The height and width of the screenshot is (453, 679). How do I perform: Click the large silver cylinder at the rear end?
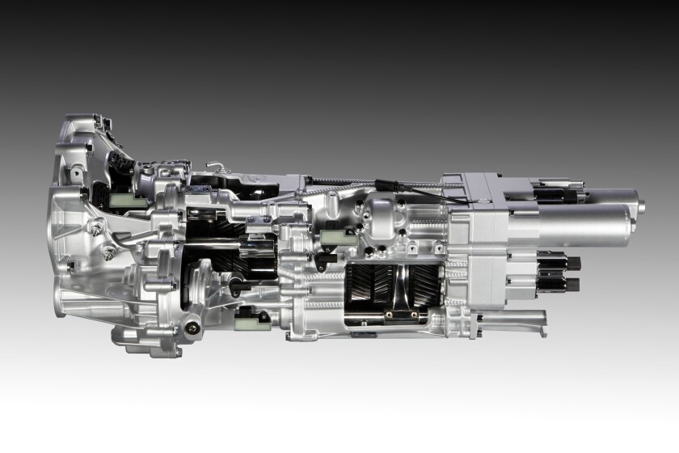click(x=586, y=222)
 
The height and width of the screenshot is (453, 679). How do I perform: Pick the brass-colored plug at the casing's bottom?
click(x=192, y=328)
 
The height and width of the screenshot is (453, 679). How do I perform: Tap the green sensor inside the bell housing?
click(x=130, y=198)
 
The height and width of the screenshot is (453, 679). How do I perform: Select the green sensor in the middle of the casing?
click(x=333, y=237)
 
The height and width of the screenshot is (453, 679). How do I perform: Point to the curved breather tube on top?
click(x=217, y=167)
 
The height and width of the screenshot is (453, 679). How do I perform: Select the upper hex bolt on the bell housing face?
click(x=95, y=230)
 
